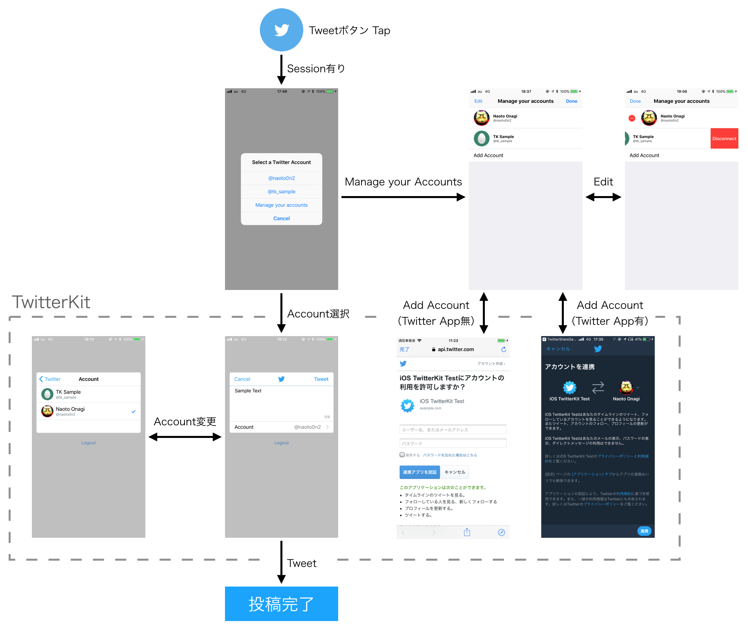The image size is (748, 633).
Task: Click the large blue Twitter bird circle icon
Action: point(281,30)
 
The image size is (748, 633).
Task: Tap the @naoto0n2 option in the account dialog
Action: point(281,178)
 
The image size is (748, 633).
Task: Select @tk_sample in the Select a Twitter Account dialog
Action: point(281,192)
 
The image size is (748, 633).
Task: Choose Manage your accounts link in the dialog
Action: point(281,205)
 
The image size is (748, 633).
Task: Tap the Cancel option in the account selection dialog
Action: point(281,218)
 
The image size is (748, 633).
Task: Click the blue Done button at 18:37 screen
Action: point(571,101)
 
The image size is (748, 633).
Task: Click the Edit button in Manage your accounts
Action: point(478,101)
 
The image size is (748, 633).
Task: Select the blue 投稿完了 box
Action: point(281,603)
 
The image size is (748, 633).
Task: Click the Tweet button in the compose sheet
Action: point(321,379)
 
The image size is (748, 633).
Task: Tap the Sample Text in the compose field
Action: point(248,390)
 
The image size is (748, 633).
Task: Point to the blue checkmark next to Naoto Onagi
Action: point(133,411)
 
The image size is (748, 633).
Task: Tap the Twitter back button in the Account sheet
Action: point(50,379)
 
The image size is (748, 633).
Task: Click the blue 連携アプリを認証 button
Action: point(419,472)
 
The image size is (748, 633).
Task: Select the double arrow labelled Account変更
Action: point(185,437)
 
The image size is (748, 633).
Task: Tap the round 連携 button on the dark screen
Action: point(643,531)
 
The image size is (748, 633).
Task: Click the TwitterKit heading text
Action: point(51,302)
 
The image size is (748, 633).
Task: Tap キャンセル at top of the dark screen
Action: point(558,349)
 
